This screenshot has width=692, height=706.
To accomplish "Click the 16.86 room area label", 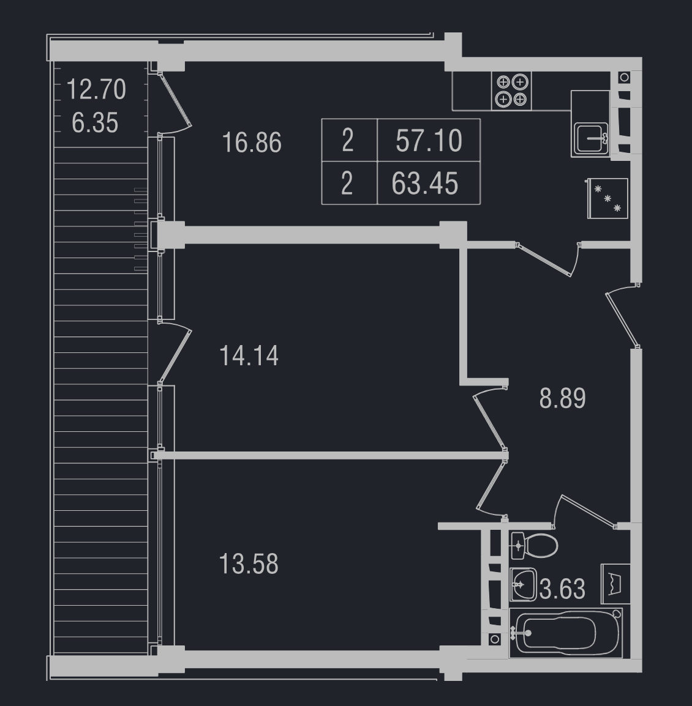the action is tap(252, 143).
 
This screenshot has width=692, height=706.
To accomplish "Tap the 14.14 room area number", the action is tap(249, 355).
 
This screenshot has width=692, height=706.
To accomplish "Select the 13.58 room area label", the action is tap(249, 563).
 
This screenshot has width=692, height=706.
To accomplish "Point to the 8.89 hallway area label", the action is tap(562, 398).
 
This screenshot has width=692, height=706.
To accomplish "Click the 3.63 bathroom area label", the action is tap(562, 589).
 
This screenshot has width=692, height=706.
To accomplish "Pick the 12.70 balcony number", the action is tap(96, 89).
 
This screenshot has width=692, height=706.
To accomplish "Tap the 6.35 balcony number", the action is tap(95, 122).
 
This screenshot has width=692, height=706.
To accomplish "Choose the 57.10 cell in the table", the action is tap(429, 141).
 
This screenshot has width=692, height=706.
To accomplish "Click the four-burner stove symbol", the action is tap(512, 91).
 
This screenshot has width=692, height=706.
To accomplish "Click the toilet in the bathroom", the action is tap(534, 546).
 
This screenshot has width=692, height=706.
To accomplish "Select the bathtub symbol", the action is tap(566, 633).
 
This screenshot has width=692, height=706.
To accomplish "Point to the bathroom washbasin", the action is tap(523, 584).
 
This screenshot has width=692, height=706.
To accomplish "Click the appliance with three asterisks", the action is tap(607, 199).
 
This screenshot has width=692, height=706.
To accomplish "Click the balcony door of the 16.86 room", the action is tap(175, 100).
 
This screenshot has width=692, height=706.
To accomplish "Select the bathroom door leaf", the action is tap(587, 511).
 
